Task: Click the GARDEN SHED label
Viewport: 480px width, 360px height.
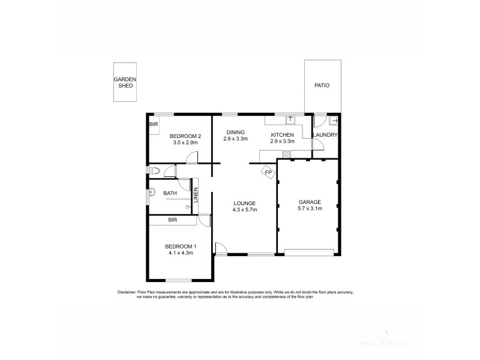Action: (125, 82)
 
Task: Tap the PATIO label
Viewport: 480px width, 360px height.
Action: (322, 86)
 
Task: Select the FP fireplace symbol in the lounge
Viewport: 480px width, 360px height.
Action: (269, 173)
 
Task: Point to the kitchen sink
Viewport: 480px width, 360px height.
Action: (289, 119)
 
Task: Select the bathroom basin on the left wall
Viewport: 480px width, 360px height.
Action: (152, 193)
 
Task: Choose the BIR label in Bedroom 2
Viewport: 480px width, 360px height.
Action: (154, 124)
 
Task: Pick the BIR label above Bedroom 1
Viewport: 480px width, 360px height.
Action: (173, 220)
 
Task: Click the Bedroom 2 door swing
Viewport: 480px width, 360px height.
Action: (191, 158)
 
